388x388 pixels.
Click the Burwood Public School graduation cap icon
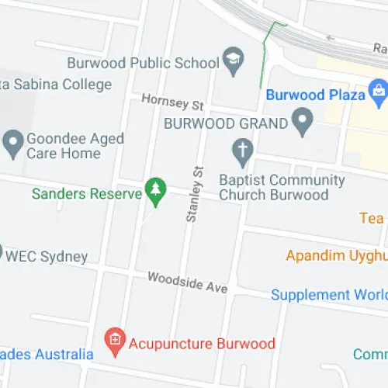pos(232,60)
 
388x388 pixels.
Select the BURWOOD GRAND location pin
pos(302,121)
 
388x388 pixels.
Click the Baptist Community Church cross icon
pos(242,151)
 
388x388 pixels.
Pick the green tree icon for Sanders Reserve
pos(156,191)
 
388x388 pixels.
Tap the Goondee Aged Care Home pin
pos(12,142)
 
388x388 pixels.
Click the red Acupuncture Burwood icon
pos(115,340)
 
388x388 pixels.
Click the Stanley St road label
pos(194,194)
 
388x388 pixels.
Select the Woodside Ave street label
pos(187,282)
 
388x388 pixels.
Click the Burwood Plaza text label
pos(315,95)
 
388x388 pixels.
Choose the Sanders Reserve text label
pos(86,192)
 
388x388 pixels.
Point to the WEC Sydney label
pos(47,257)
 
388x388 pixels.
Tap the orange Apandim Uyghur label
pos(336,255)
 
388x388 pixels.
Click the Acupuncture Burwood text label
pos(202,342)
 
